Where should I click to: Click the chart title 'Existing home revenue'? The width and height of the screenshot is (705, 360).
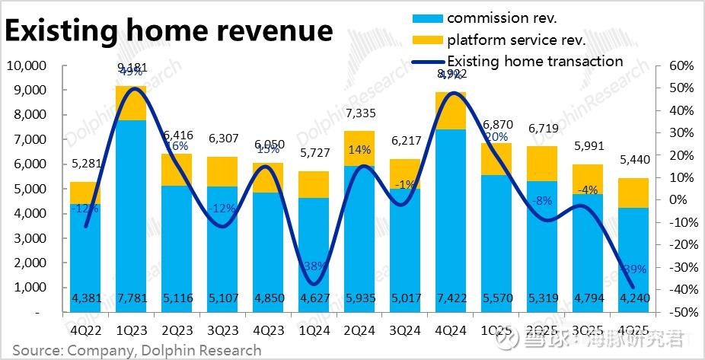tap(169, 31)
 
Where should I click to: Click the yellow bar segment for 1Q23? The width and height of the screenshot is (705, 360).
tap(131, 103)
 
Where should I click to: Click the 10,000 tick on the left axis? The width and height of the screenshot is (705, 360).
tap(26, 65)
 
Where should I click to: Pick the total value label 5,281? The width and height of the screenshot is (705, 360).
tap(85, 162)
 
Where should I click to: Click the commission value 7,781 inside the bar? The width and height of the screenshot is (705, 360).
tap(131, 297)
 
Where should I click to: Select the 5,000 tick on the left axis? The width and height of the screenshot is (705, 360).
tap(29, 189)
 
